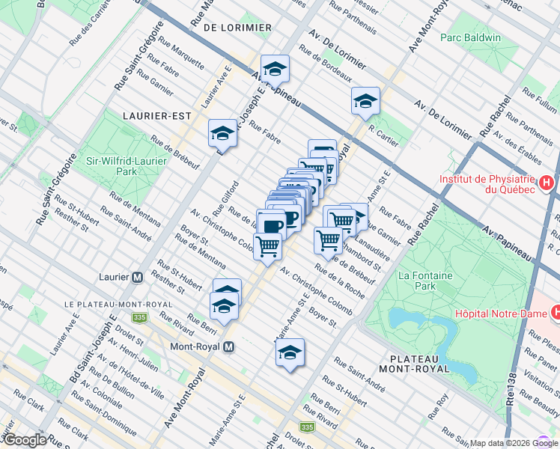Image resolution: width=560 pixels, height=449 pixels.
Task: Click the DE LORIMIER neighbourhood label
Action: (237, 27)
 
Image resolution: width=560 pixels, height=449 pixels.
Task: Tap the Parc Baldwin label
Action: (470, 37)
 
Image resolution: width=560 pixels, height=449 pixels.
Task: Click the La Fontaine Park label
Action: (426, 280)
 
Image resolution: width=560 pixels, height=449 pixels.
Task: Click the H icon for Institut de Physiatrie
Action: (548, 182)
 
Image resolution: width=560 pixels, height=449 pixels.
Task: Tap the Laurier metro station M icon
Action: (137, 276)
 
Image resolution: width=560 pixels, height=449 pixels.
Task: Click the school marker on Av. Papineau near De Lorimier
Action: (275, 70)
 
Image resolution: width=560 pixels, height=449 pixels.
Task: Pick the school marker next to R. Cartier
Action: (365, 101)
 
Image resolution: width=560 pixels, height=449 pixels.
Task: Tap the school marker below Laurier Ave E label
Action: (222, 132)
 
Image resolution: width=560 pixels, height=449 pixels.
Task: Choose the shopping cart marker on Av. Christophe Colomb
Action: (267, 245)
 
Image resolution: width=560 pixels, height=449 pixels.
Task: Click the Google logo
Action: (24, 440)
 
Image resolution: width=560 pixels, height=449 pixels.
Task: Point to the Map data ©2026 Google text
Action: (514, 443)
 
